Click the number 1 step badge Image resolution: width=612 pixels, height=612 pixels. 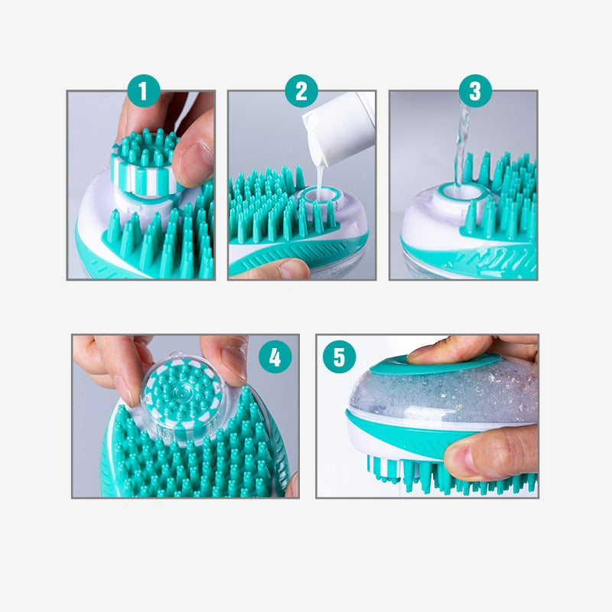pos(145,93)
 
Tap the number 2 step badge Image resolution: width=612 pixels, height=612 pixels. pos(301,93)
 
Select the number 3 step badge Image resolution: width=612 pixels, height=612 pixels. pos(475,93)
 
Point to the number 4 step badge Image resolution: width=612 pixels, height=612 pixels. pos(275,356)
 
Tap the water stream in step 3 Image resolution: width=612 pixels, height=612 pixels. pos(460,153)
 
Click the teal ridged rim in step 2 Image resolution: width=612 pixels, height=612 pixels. pos(291,252)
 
